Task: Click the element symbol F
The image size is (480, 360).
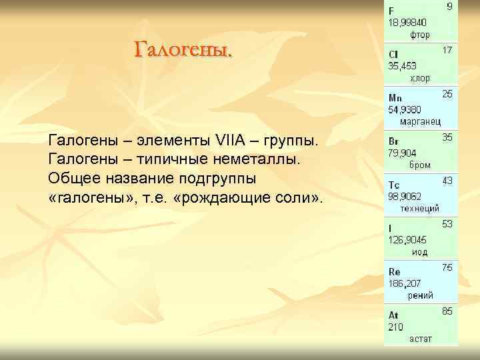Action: tap(391, 11)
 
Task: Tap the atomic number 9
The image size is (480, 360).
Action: tap(449, 7)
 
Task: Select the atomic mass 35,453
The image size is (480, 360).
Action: tap(402, 66)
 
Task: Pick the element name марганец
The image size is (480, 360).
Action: tap(420, 121)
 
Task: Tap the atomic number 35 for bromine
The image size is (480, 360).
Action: tap(447, 137)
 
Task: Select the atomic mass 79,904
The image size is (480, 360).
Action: tap(402, 153)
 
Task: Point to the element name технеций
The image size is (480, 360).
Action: tap(419, 208)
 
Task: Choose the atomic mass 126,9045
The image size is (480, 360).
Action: tap(407, 240)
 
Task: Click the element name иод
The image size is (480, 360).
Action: tap(419, 252)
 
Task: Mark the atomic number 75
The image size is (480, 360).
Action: tap(447, 267)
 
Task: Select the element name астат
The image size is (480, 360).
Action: tap(420, 339)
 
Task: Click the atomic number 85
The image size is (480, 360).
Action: tap(447, 311)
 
